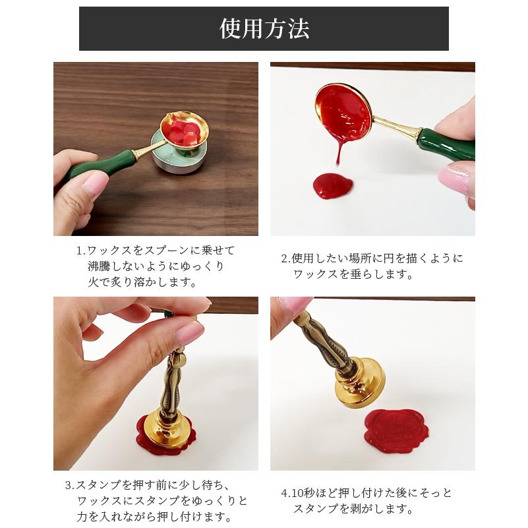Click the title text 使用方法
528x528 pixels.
264,29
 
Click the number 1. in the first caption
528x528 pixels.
81,251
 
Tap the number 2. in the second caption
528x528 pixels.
286,258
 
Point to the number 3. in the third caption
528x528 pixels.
71,486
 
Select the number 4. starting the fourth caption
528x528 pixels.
285,493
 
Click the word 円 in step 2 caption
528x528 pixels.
395,258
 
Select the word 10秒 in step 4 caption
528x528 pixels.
309,493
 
